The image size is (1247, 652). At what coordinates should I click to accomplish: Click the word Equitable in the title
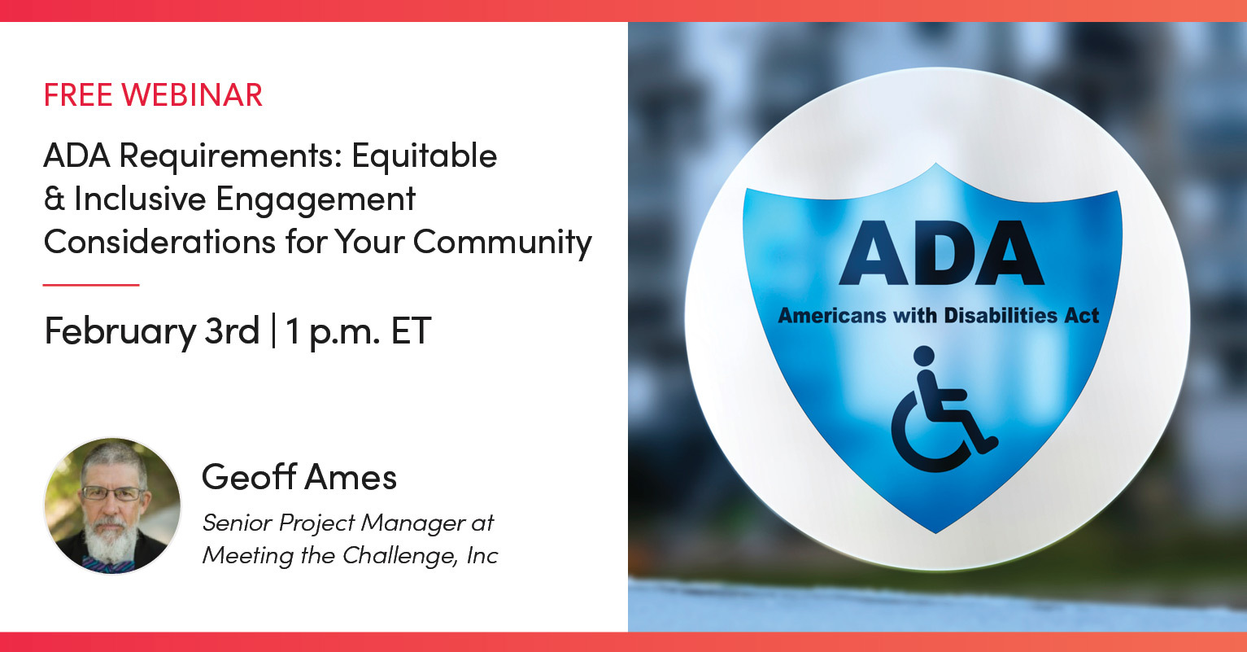[x=424, y=155]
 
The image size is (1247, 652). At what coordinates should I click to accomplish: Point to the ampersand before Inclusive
[x=54, y=199]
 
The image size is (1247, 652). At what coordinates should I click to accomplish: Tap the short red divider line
[x=91, y=285]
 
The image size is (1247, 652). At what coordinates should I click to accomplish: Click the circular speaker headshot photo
[x=112, y=505]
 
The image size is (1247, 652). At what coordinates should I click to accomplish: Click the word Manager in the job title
[x=416, y=523]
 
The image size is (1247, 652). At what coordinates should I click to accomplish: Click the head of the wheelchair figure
[x=924, y=357]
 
